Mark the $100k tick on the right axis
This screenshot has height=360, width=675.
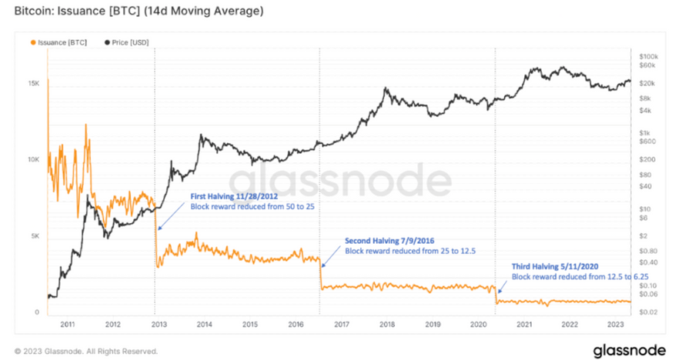click(x=649, y=57)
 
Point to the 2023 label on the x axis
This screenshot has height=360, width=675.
click(x=617, y=325)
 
